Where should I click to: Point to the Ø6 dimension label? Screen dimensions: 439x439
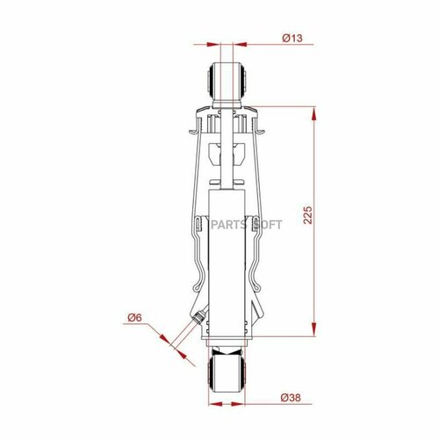tap(134, 318)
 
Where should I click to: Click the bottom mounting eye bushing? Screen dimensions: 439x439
tap(227, 367)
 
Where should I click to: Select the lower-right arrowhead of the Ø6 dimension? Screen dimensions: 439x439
tap(185, 355)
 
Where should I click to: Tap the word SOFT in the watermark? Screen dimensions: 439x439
tap(267, 223)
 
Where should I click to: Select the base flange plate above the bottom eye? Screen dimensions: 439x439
tap(227, 343)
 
